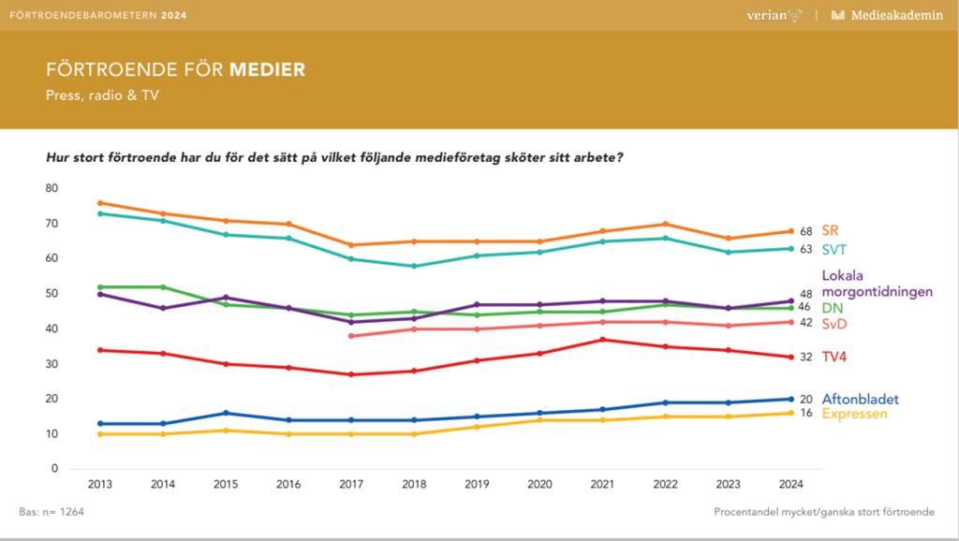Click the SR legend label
[x=830, y=230]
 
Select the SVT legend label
[x=834, y=249]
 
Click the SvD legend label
[x=835, y=323]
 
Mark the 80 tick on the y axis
[x=52, y=188]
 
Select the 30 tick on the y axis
[x=52, y=363]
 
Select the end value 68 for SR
[x=805, y=231]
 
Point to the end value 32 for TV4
[x=805, y=357]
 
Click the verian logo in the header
[x=769, y=15]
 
